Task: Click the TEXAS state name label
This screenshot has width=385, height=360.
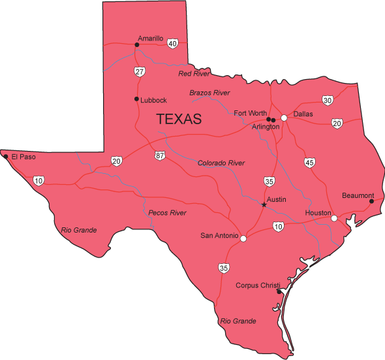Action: (179, 120)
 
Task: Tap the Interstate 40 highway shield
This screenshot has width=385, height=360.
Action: (172, 44)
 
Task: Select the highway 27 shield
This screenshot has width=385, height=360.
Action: (140, 71)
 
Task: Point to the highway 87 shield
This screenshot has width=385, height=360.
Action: (161, 155)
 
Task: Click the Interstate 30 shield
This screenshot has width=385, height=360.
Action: (327, 100)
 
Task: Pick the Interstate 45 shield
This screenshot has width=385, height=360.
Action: (310, 162)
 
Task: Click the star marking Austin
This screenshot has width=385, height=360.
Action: (264, 205)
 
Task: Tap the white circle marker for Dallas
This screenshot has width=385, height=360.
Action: (284, 118)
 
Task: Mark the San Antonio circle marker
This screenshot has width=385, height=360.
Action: (243, 239)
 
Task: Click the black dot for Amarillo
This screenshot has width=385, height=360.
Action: (137, 45)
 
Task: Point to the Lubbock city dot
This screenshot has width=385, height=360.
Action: (136, 99)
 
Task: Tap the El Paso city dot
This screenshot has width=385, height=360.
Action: (6, 157)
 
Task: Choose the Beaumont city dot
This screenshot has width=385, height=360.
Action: (371, 201)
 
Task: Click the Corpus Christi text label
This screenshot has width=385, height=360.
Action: (258, 286)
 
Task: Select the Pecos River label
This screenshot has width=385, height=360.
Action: (167, 213)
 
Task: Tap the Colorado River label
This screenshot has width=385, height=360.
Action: (221, 163)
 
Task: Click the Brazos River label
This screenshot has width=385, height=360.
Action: (210, 93)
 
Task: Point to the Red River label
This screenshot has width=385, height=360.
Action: (194, 74)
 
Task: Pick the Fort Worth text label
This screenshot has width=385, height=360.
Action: (250, 114)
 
